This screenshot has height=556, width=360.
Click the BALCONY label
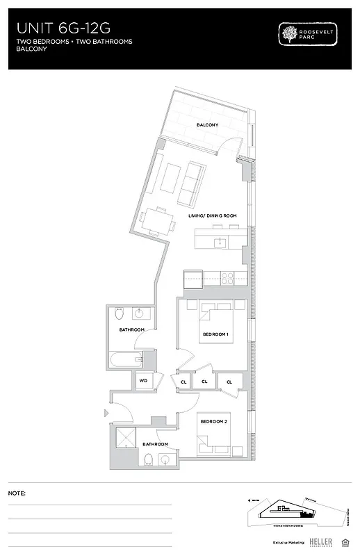[207, 125]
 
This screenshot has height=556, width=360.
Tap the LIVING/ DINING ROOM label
[213, 216]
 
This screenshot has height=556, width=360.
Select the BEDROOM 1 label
[215, 334]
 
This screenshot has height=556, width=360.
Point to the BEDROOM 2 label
[213, 422]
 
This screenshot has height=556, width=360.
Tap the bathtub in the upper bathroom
[125, 360]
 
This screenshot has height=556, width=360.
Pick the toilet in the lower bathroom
[147, 459]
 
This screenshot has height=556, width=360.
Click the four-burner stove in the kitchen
[229, 279]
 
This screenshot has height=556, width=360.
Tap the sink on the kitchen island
[220, 242]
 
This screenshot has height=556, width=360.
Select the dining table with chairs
[156, 220]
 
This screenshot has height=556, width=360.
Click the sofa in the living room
[190, 183]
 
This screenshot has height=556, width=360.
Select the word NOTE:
[17, 493]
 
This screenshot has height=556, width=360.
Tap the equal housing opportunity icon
[345, 541]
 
